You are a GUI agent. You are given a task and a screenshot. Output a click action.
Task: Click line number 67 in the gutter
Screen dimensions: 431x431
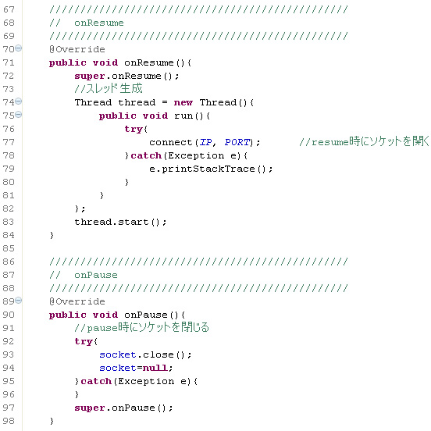pyautogui.click(x=9, y=9)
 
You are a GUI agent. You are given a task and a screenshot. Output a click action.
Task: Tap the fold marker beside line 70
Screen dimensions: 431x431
pyautogui.click(x=18, y=48)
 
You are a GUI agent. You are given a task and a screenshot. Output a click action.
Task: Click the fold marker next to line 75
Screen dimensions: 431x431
pyautogui.click(x=18, y=114)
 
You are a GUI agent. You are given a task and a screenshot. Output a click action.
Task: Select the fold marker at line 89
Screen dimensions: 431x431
pyautogui.click(x=18, y=300)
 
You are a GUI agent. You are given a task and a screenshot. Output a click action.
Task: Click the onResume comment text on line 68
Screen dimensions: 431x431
pyautogui.click(x=99, y=23)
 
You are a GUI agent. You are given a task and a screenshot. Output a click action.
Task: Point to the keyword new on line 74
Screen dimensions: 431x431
pyautogui.click(x=183, y=102)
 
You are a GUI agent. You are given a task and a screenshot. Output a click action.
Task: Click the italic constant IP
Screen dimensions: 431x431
pyautogui.click(x=206, y=142)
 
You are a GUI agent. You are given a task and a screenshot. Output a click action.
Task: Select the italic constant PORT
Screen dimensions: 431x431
pyautogui.click(x=237, y=142)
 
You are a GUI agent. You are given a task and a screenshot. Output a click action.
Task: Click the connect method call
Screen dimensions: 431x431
pyautogui.click(x=171, y=142)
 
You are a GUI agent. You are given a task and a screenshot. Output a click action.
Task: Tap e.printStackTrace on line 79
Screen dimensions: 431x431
pyautogui.click(x=202, y=169)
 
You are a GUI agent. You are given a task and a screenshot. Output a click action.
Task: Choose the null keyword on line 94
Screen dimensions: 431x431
pyautogui.click(x=155, y=368)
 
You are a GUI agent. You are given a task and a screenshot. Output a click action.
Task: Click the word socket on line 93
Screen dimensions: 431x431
pyautogui.click(x=118, y=354)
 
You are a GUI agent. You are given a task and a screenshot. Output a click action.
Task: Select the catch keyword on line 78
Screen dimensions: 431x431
pyautogui.click(x=146, y=155)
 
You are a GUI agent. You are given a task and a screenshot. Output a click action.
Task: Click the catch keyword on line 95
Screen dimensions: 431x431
pyautogui.click(x=96, y=381)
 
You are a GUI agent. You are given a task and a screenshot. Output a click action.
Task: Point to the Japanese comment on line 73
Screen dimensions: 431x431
pyautogui.click(x=109, y=88)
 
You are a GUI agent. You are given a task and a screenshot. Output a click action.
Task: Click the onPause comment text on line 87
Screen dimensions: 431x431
pyautogui.click(x=96, y=275)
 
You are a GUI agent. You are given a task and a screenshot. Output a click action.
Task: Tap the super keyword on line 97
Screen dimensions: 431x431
pyautogui.click(x=90, y=408)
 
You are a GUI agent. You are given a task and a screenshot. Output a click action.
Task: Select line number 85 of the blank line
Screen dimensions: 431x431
pyautogui.click(x=9, y=248)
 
